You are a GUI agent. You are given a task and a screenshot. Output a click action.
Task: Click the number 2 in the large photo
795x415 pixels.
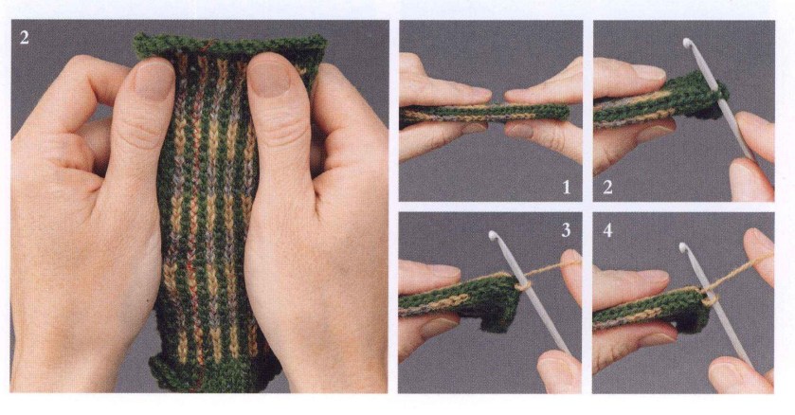25,37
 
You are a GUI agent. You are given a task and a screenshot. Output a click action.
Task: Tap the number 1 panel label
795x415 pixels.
567,188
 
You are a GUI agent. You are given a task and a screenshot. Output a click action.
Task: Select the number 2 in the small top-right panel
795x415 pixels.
607,188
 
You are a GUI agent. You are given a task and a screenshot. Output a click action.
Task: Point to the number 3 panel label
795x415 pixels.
566,230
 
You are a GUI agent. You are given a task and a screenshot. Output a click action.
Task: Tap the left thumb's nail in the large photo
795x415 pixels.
154,80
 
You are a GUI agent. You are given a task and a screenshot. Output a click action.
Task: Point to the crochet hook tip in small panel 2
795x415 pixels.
687,43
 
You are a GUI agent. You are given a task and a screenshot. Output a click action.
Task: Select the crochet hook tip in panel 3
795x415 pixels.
494,236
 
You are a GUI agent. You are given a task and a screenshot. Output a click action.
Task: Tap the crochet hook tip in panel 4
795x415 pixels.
684,248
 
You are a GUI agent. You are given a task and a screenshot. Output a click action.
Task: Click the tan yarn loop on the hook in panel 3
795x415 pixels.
523,283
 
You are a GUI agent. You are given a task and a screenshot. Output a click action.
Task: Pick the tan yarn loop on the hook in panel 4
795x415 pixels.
710,298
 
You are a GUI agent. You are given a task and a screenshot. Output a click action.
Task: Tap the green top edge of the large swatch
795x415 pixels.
229,45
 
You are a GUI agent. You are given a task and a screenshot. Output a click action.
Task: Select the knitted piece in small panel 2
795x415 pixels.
660,101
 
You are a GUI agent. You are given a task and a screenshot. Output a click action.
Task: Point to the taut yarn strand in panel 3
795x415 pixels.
552,267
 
